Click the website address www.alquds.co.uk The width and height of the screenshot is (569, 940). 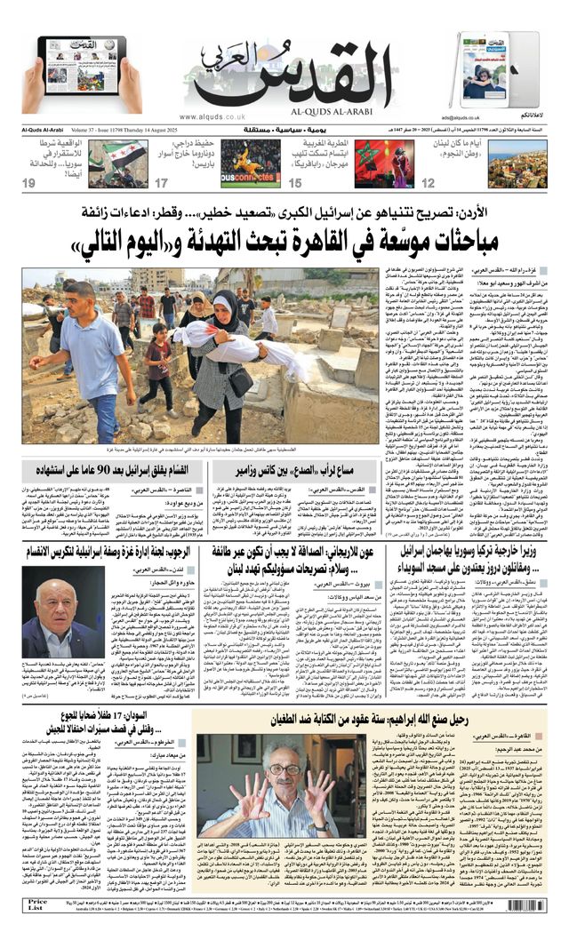(x=213, y=116)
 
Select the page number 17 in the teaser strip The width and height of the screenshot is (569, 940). (x=162, y=184)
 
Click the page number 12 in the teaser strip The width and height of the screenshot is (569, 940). (x=429, y=184)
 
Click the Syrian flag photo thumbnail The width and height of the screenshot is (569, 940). (x=118, y=163)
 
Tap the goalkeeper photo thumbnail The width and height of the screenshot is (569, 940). (x=250, y=163)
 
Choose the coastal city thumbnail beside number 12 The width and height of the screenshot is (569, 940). (x=517, y=163)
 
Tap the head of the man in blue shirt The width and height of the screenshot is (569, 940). (x=79, y=296)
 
